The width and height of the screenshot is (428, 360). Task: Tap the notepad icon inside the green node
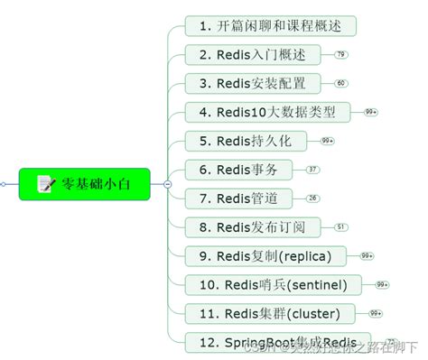pos(45,183)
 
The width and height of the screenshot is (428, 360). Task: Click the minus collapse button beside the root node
pos(167,183)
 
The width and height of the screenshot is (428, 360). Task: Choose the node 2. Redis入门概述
pos(256,54)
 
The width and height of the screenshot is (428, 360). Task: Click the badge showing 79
pos(340,55)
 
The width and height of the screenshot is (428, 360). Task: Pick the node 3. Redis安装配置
pos(256,83)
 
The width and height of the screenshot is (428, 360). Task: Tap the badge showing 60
pos(340,83)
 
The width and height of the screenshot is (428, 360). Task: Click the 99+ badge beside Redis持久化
pos(327,141)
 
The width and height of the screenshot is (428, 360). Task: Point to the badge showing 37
pos(312,170)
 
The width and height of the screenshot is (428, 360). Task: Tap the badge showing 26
pos(312,198)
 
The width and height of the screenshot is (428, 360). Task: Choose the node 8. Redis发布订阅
pos(256,226)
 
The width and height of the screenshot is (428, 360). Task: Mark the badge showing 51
pos(340,227)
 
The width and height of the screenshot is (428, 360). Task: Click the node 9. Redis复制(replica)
pos(268,255)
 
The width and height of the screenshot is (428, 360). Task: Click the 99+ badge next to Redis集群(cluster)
pos(376,314)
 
